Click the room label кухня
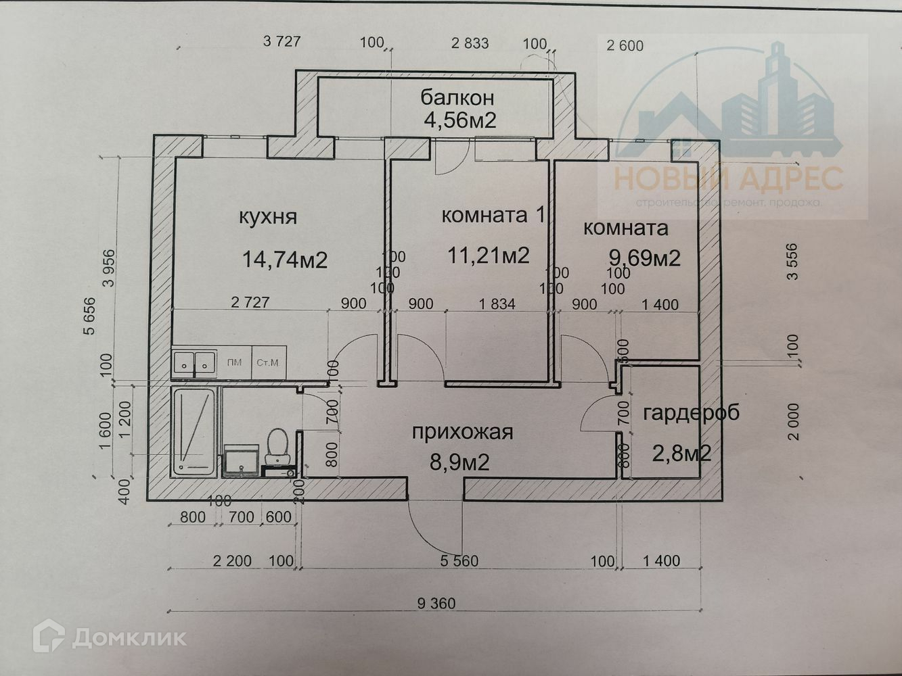point(267,217)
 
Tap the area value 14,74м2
point(284,259)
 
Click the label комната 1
point(493,216)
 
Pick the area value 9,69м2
point(644,258)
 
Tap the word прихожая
point(462,432)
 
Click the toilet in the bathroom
point(277,445)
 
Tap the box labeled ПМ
point(234,362)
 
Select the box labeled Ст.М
point(267,362)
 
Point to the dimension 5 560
point(459,561)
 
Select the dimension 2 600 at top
point(625,46)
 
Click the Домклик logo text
point(129,637)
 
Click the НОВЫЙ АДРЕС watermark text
point(728,179)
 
